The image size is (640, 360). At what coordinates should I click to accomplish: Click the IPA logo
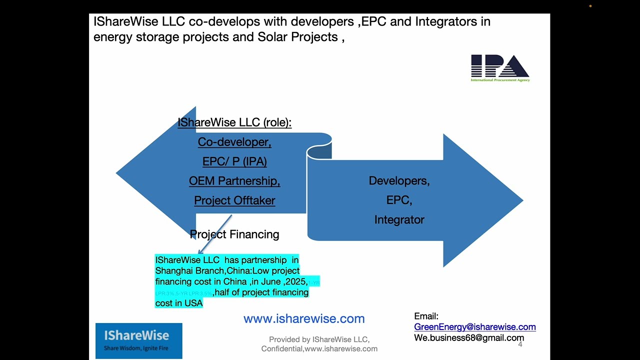[x=500, y=68]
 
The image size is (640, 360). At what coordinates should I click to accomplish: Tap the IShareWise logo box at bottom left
[x=139, y=340]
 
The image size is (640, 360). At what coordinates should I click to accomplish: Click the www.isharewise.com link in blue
[x=304, y=318]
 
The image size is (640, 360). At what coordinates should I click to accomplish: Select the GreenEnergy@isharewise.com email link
[x=474, y=327]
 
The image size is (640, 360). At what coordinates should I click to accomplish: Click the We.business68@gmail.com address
[x=468, y=338]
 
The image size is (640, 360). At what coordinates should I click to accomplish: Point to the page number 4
[x=520, y=344]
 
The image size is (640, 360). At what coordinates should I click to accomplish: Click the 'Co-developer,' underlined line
[x=234, y=142]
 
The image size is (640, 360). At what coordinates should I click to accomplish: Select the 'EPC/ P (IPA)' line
[x=234, y=161]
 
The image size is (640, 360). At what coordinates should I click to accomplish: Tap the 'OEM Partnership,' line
[x=234, y=181]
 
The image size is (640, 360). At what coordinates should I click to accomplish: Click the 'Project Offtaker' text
[x=234, y=200]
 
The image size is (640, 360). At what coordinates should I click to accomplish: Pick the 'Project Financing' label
[x=234, y=234]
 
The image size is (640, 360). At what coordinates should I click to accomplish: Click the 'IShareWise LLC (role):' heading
[x=234, y=122]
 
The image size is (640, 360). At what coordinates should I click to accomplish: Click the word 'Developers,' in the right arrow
[x=399, y=181]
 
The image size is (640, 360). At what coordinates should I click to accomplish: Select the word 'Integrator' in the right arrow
[x=399, y=220]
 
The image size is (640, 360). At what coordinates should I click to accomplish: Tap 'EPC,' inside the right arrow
[x=399, y=200]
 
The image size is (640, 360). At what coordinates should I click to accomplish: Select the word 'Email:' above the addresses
[x=426, y=316]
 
